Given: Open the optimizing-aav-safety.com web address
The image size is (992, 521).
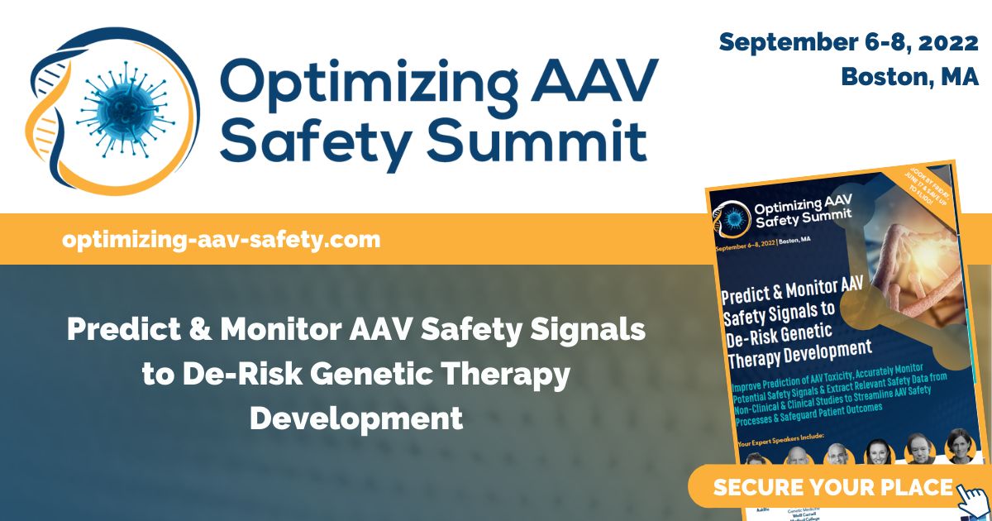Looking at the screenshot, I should tap(221, 240).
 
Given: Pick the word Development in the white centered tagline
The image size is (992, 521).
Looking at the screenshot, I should tap(356, 417).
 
